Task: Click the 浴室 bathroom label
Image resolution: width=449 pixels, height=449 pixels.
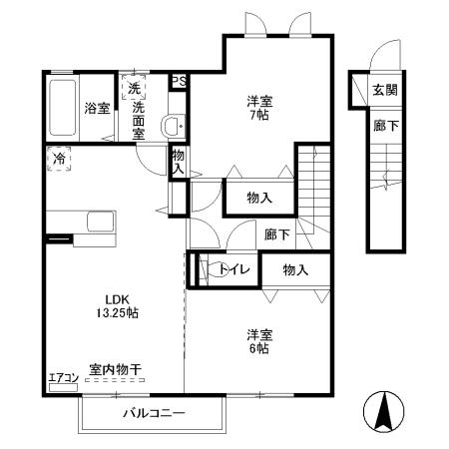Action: click(x=97, y=108)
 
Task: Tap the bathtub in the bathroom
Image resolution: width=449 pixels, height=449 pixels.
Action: click(x=61, y=108)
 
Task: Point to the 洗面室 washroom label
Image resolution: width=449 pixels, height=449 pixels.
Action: click(x=140, y=118)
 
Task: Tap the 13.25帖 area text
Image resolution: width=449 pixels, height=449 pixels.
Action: click(x=117, y=313)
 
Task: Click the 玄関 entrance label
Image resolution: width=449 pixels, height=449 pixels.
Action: click(x=384, y=90)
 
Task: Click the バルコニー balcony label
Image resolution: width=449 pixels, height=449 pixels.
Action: click(x=150, y=412)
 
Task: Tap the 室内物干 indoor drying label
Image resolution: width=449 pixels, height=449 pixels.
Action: click(x=115, y=370)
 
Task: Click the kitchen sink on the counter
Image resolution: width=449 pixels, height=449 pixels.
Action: click(x=101, y=222)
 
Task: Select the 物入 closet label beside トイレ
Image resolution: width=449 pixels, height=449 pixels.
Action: click(x=295, y=269)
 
